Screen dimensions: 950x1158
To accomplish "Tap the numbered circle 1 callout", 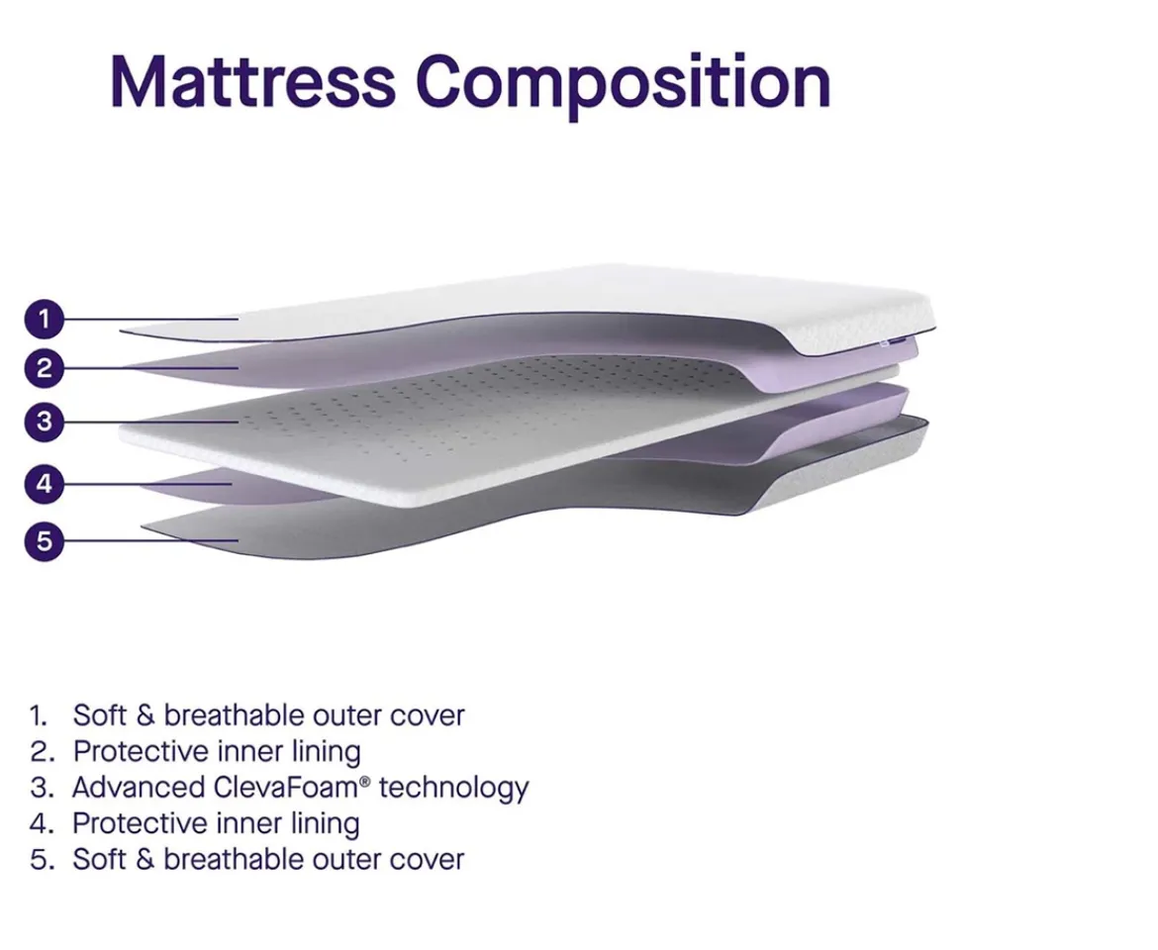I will point(44,319).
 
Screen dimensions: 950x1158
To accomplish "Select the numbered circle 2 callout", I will point(44,369).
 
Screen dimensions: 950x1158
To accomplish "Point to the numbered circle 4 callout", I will point(44,485).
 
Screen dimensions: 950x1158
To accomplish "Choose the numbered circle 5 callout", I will point(44,541).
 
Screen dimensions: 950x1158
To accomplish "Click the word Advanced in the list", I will point(139,788).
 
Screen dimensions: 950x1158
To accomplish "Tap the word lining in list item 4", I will point(326,823).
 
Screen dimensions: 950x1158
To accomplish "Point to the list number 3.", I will point(40,788).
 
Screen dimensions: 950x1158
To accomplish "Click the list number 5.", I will point(40,859).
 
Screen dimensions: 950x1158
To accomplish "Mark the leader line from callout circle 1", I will point(148,319).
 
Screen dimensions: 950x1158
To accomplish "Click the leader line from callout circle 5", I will point(148,541).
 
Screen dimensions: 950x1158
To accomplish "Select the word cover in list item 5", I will point(427,859).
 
